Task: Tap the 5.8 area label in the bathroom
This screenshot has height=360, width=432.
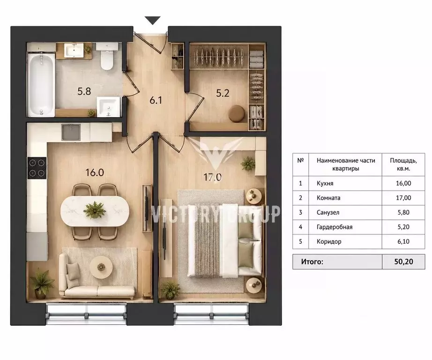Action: (x=84, y=91)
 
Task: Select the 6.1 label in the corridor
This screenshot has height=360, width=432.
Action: (x=156, y=100)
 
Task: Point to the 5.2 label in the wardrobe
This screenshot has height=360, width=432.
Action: (x=223, y=93)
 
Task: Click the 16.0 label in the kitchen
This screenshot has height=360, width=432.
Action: (x=95, y=172)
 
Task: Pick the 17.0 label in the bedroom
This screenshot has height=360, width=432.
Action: (x=212, y=177)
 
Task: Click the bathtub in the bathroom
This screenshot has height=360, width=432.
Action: (x=41, y=85)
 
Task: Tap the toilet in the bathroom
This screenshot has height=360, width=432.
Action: (x=107, y=56)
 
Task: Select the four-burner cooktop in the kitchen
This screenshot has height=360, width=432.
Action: (x=37, y=168)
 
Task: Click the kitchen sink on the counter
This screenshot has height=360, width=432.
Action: (x=71, y=132)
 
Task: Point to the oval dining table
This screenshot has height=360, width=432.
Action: (x=95, y=211)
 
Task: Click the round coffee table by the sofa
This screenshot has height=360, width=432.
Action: (x=101, y=267)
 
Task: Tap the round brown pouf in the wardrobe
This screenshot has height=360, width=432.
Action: (x=237, y=114)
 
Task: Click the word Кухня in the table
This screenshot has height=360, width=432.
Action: (x=325, y=184)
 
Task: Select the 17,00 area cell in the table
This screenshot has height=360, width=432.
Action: (x=403, y=198)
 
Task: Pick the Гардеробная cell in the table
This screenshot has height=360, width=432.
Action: (x=335, y=227)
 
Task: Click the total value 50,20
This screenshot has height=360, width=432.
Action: (x=403, y=262)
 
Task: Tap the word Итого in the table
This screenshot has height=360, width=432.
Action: (x=312, y=262)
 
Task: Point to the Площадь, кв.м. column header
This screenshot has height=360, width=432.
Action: (x=403, y=165)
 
